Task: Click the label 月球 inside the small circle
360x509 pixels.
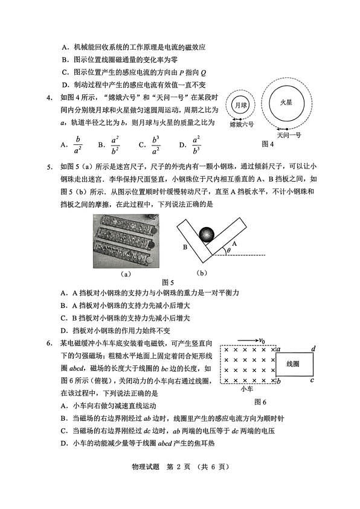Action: [240, 104]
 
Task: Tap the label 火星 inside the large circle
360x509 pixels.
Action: [286, 103]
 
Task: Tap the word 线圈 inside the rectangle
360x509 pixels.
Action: [294, 364]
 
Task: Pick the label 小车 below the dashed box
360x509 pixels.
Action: [246, 389]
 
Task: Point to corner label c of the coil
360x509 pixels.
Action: [312, 380]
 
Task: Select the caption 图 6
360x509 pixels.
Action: [260, 402]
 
